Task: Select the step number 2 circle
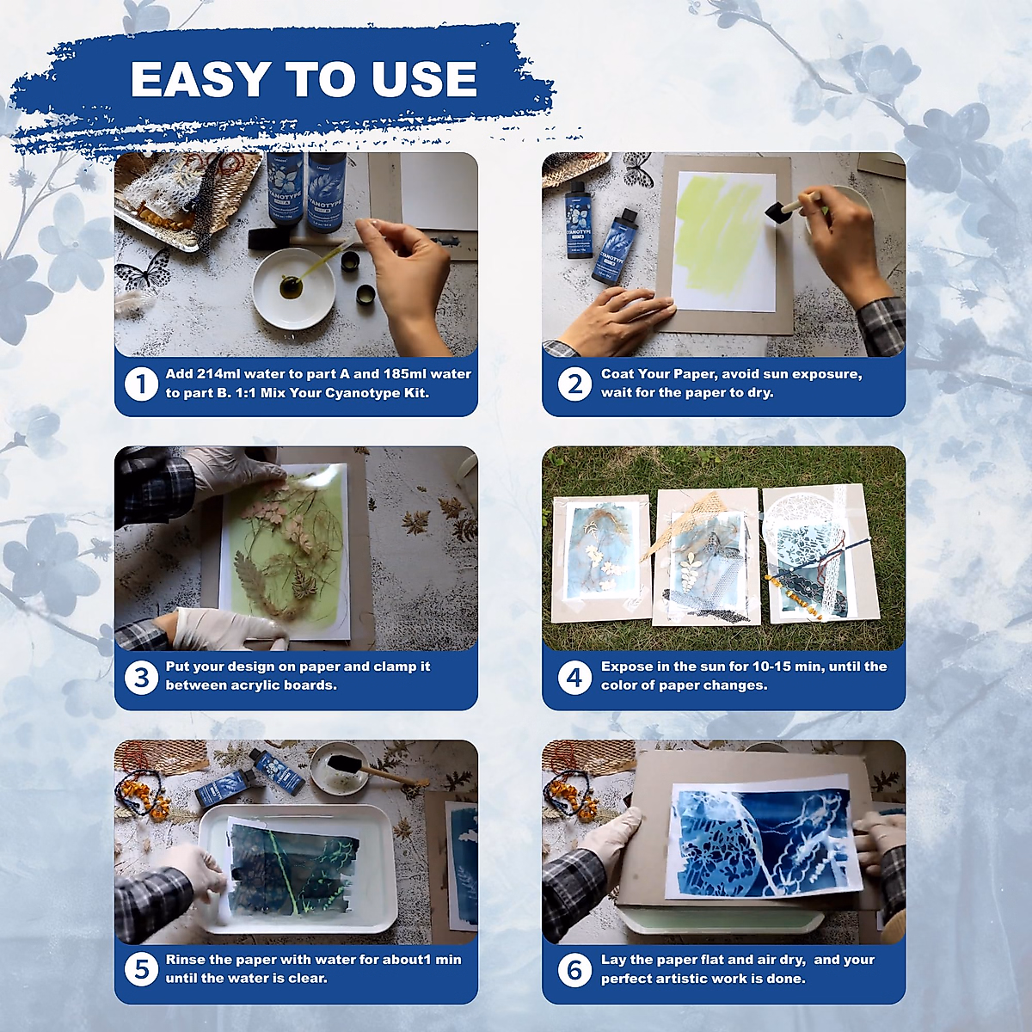(x=574, y=384)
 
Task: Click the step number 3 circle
(x=141, y=677)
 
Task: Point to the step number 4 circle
(x=574, y=677)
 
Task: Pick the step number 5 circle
(x=141, y=970)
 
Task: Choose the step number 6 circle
(x=574, y=970)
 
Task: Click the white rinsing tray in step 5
(x=297, y=869)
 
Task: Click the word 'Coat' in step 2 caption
(x=618, y=374)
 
